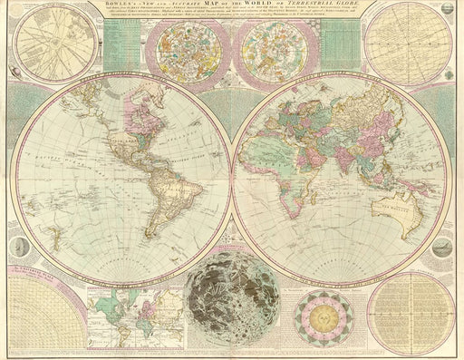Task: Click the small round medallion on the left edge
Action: pyautogui.click(x=20, y=245)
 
